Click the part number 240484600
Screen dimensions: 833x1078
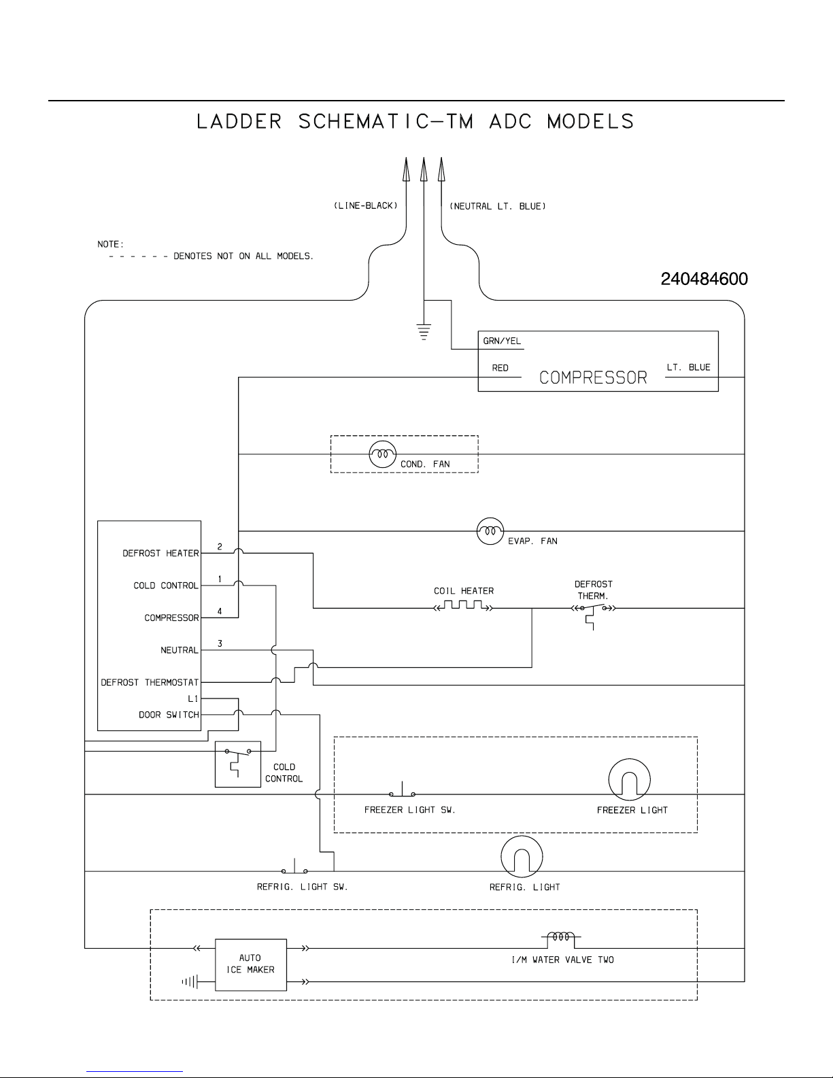pyautogui.click(x=704, y=279)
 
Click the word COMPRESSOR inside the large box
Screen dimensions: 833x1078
pyautogui.click(x=593, y=377)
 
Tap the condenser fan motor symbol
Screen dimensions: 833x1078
pyautogui.click(x=383, y=454)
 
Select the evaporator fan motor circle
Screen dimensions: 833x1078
pyautogui.click(x=490, y=530)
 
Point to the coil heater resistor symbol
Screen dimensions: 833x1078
pyautogui.click(x=464, y=605)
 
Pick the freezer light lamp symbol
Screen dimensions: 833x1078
pyautogui.click(x=629, y=779)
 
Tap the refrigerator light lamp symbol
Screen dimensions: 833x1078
pyautogui.click(x=522, y=856)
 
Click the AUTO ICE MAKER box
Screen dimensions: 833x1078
pyautogui.click(x=251, y=965)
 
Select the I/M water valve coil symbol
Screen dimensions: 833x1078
pyautogui.click(x=561, y=939)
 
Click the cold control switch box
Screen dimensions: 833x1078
pyautogui.click(x=238, y=764)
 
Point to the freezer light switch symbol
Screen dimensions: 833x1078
pyautogui.click(x=402, y=790)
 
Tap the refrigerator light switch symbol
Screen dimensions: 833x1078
pyautogui.click(x=295, y=866)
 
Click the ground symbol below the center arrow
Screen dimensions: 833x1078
pyautogui.click(x=424, y=332)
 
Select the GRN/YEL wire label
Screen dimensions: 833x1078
pyautogui.click(x=502, y=341)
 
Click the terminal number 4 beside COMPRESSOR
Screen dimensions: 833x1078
pyautogui.click(x=220, y=611)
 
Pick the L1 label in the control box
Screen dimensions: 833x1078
pyautogui.click(x=193, y=698)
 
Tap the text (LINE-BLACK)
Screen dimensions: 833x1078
pyautogui.click(x=365, y=205)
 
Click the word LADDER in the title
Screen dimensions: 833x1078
pyautogui.click(x=239, y=122)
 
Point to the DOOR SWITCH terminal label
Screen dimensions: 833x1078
pyautogui.click(x=169, y=714)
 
